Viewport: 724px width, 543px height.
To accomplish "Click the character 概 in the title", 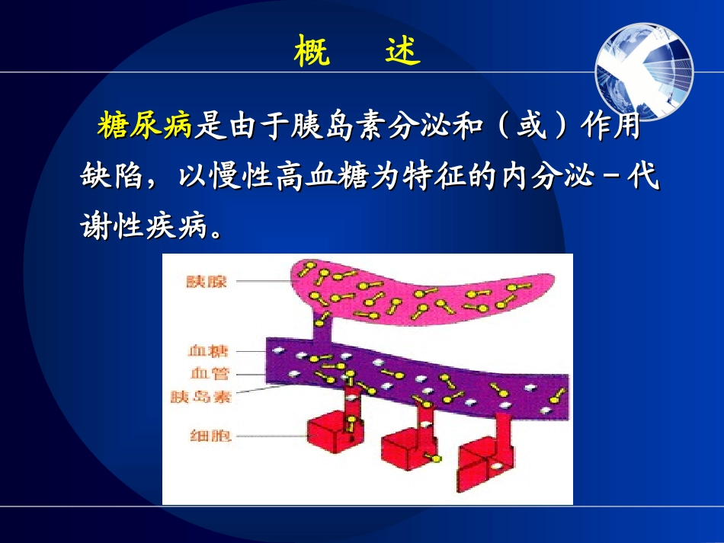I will tap(312, 52).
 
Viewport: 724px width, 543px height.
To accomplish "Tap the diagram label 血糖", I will tap(208, 352).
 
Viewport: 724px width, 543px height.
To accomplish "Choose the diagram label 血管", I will tap(208, 374).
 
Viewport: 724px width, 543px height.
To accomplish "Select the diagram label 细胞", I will tap(208, 436).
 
